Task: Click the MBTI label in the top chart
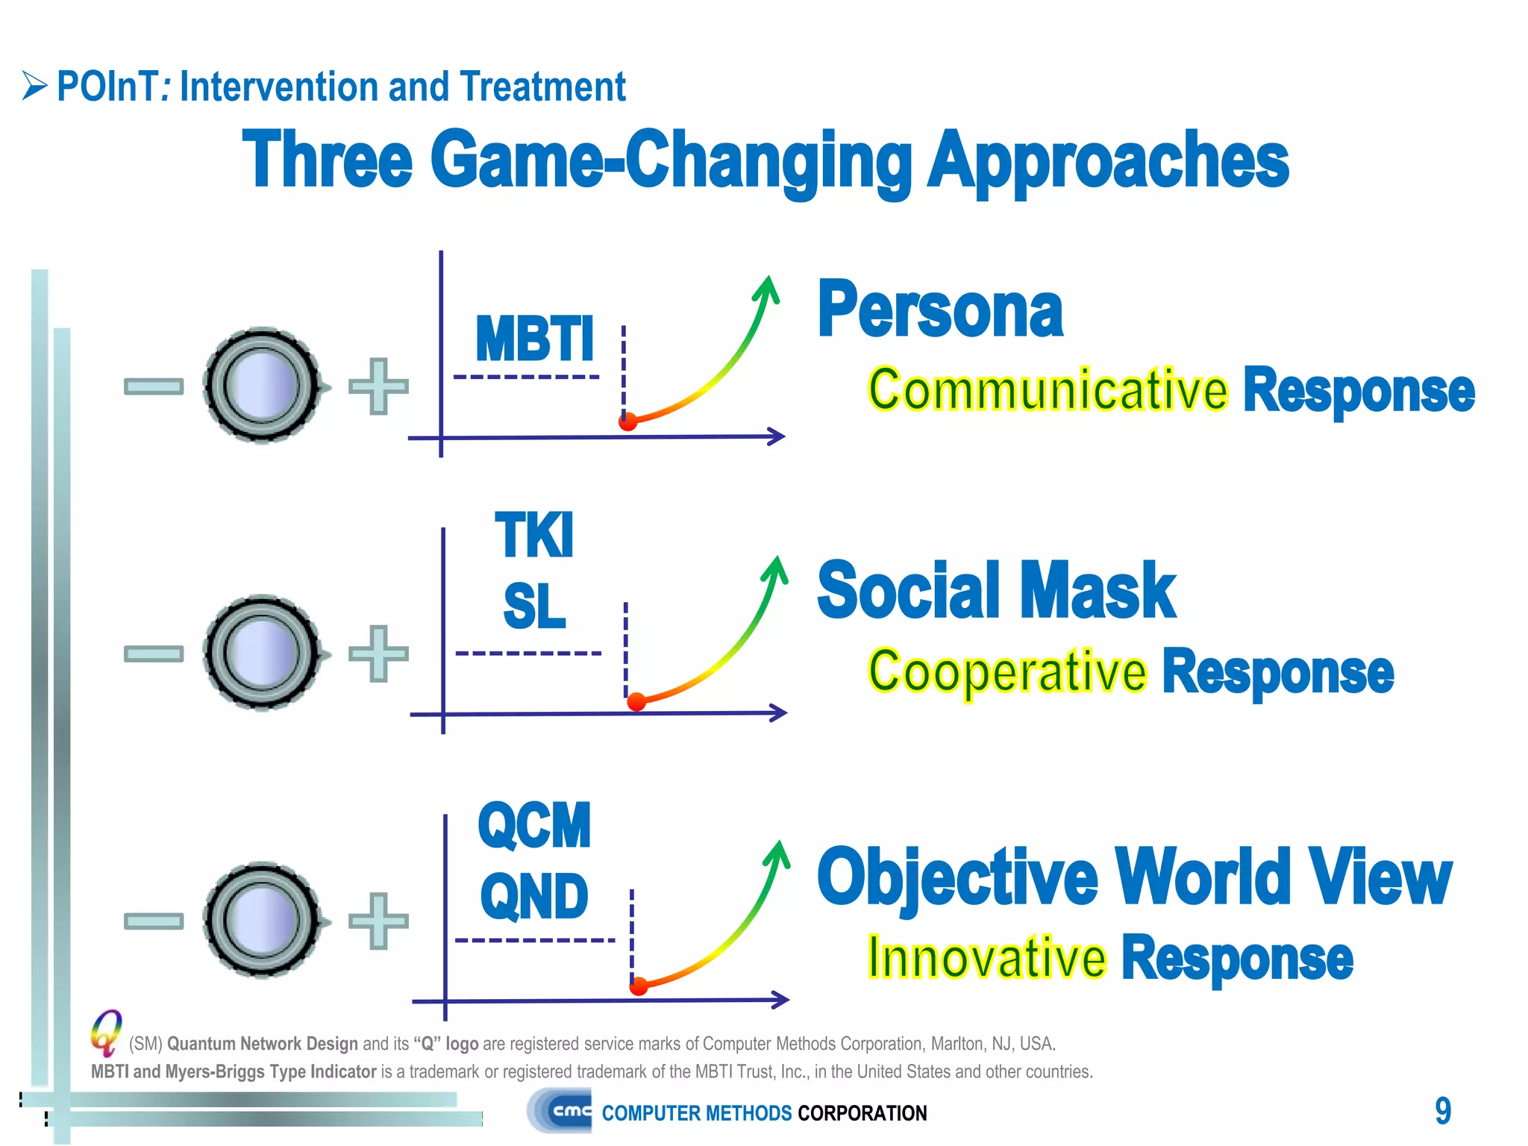534,339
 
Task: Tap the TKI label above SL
534,535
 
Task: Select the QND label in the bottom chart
534,896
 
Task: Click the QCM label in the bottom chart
534,826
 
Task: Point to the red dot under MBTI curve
628,422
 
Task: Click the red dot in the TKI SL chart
636,702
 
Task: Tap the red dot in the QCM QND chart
639,987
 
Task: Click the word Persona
940,310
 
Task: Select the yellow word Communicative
1048,390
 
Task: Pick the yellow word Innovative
986,958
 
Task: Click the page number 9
1443,1111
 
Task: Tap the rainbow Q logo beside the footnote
107,1032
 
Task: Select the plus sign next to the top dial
379,386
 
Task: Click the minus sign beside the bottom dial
154,921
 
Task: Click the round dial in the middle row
263,653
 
